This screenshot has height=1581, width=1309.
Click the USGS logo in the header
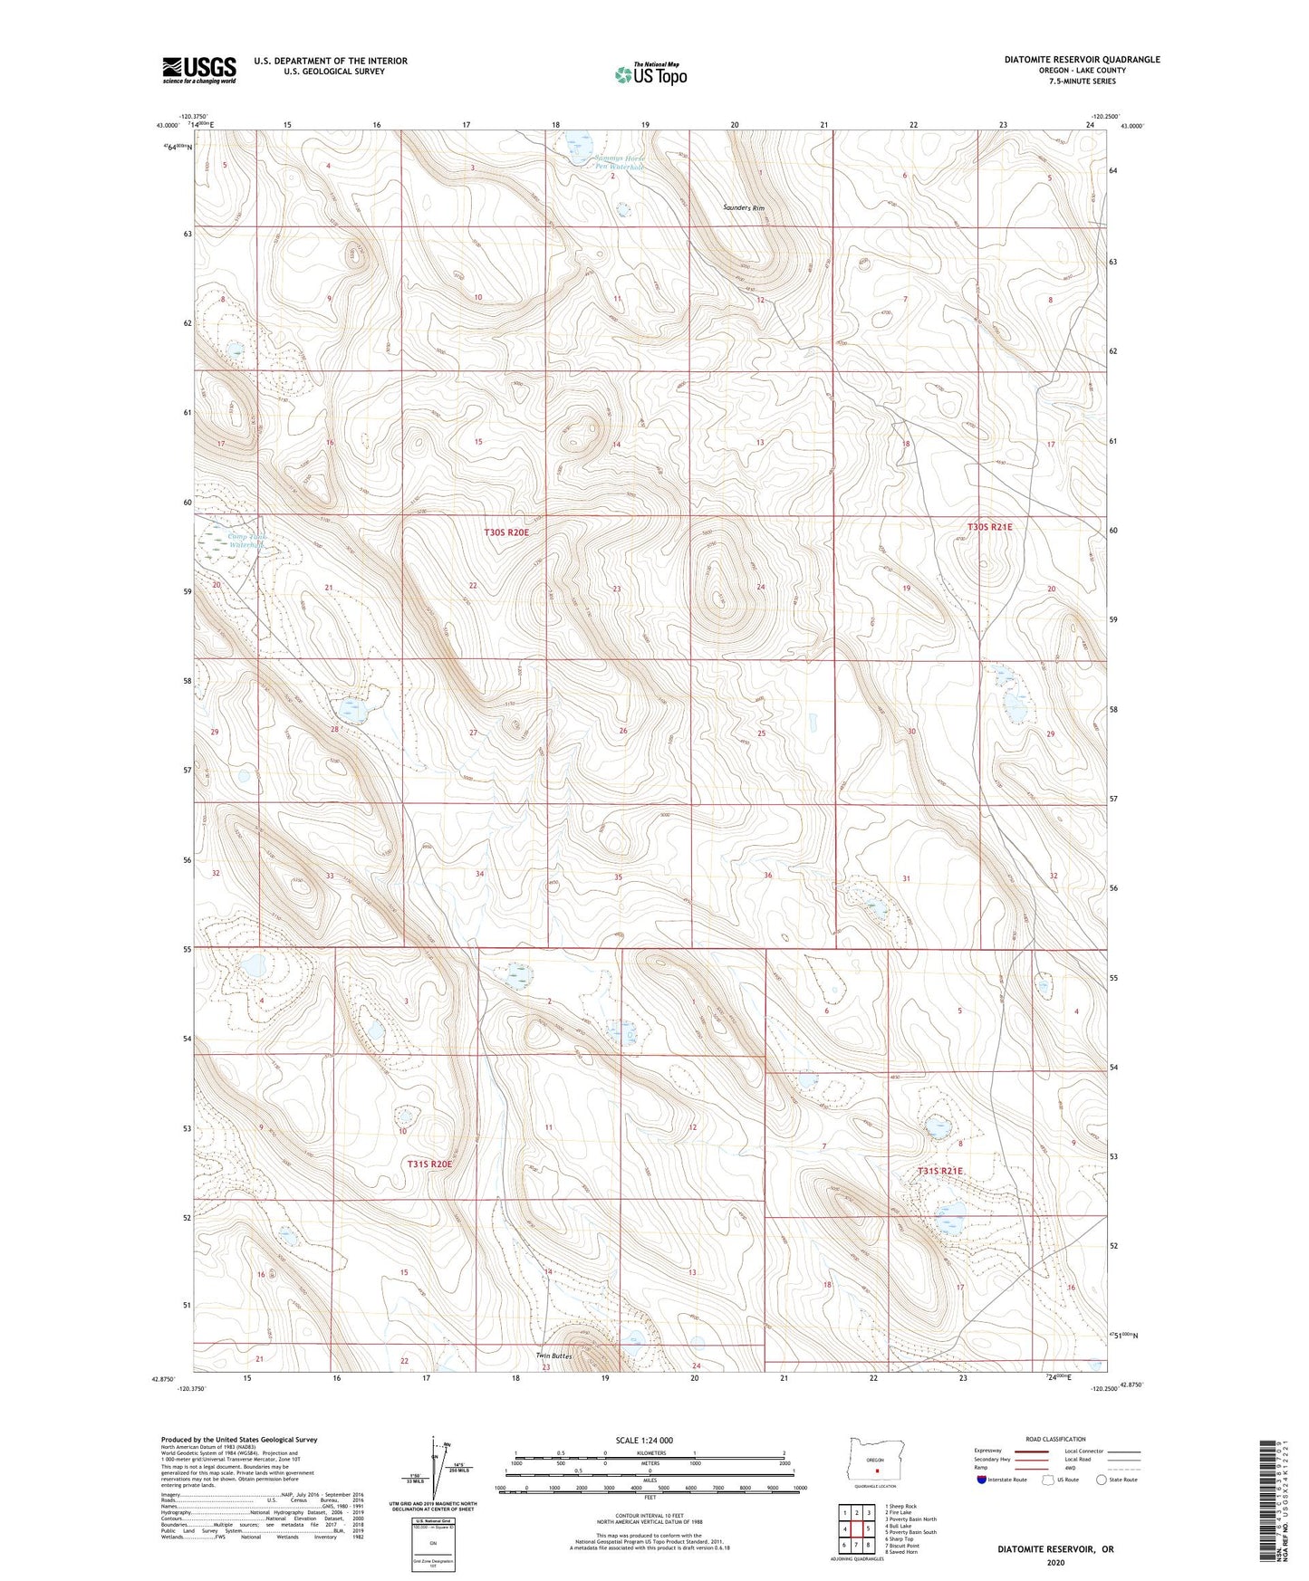198,70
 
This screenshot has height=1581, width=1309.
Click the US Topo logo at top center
650,74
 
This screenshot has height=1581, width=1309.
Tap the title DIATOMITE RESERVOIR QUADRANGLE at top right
1082,60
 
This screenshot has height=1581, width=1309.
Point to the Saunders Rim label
744,208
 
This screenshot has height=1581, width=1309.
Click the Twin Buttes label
553,1356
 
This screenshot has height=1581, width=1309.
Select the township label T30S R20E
506,532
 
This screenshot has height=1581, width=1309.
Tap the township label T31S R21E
940,1172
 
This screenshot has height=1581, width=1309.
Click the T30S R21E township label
989,527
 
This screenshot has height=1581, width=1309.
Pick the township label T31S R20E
429,1164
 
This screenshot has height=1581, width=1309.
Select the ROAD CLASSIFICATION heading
1055,1439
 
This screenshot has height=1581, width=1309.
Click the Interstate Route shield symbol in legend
983,1480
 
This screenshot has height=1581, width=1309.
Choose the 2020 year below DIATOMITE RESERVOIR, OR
1055,1562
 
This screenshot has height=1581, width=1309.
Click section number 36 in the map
767,876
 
